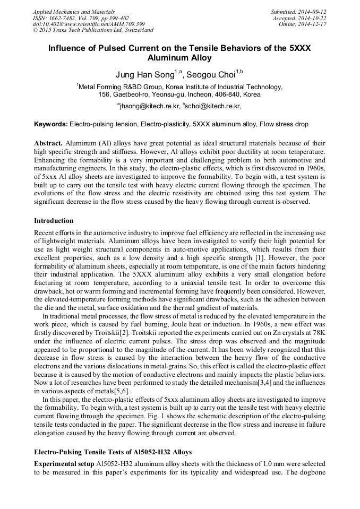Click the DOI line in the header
(x=89, y=24)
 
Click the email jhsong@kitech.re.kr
(x=150, y=106)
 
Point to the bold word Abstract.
(x=48, y=144)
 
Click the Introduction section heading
(x=54, y=220)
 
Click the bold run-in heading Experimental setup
(x=64, y=463)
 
